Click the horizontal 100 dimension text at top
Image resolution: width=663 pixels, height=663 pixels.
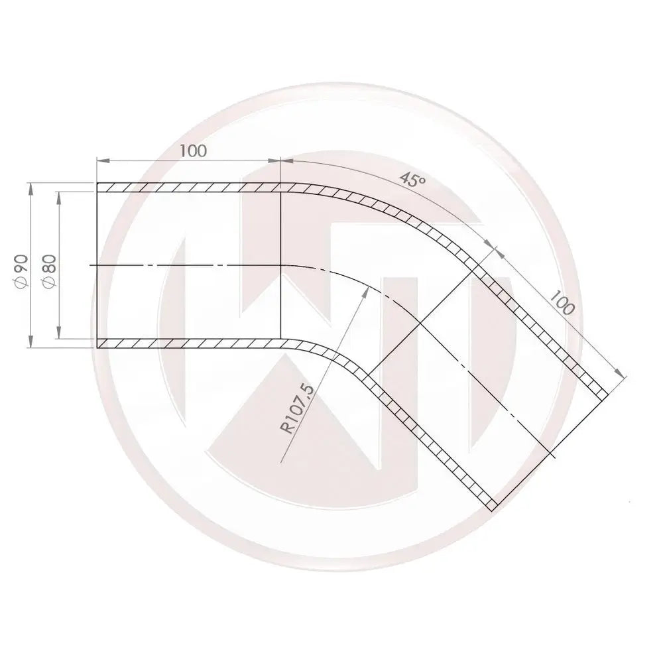[193, 151]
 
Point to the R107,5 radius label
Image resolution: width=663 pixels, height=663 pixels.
[298, 408]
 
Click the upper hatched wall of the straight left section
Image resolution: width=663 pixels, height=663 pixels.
[189, 188]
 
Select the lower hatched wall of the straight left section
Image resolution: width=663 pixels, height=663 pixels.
[189, 343]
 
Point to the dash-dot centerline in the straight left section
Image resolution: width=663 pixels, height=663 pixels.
[186, 265]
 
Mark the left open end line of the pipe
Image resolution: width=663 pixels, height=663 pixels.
[97, 265]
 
